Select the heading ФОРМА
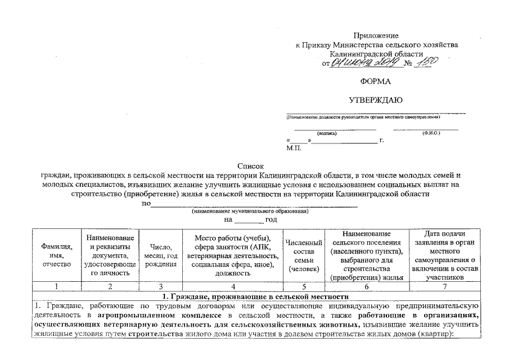point(376,82)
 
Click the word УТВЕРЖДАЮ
point(376,100)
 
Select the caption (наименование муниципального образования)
point(250,211)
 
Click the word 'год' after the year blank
point(271,219)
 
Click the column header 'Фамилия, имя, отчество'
point(56,255)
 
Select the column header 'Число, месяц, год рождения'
point(160,255)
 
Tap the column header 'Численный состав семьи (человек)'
point(304,255)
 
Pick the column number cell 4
point(232,287)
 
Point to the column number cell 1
point(56,287)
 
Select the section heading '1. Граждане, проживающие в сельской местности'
point(255,296)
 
